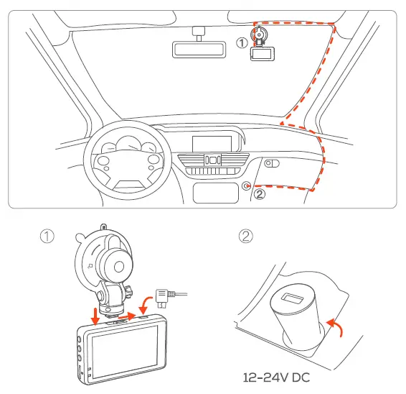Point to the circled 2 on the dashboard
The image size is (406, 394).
[x=260, y=193]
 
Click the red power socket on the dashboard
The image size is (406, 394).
[x=247, y=185]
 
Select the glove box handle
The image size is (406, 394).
[x=272, y=163]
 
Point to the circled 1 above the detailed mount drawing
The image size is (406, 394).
[x=47, y=237]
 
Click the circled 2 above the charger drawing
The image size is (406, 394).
[x=247, y=237]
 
